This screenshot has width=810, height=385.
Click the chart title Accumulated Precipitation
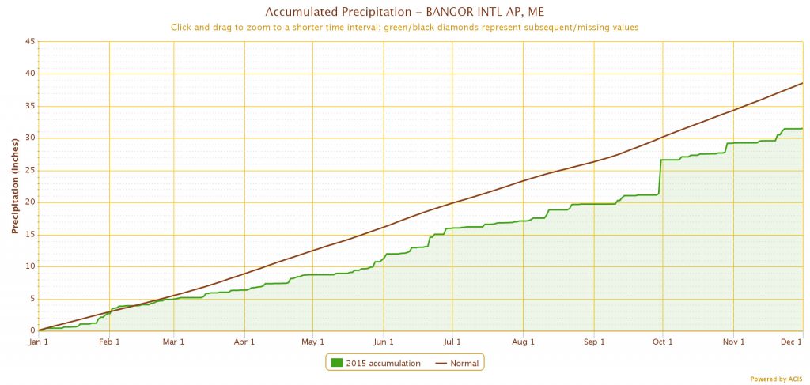click(x=404, y=12)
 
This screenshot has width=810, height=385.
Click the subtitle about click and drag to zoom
click(x=404, y=27)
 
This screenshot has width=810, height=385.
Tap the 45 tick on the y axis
click(x=28, y=42)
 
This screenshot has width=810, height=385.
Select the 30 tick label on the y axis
click(x=28, y=138)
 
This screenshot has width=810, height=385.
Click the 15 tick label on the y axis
click(x=28, y=234)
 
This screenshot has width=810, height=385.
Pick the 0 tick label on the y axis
click(x=31, y=330)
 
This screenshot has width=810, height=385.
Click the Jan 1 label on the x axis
click(x=40, y=342)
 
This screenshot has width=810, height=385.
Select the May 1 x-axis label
click(x=313, y=342)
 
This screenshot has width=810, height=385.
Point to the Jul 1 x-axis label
click(x=452, y=342)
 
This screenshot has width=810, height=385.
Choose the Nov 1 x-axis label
click(x=733, y=342)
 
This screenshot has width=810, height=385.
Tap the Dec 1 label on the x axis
click(x=792, y=342)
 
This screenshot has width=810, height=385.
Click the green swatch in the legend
click(x=337, y=363)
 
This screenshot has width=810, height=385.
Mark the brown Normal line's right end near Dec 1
click(x=802, y=83)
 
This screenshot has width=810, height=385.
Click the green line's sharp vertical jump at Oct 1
click(x=660, y=176)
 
